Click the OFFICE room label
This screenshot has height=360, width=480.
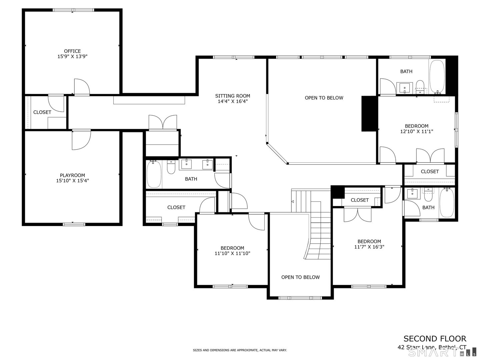(x=72, y=51)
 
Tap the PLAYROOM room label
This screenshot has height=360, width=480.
(x=72, y=175)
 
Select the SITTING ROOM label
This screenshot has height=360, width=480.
(x=232, y=96)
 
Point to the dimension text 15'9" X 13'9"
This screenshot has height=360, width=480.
(x=72, y=57)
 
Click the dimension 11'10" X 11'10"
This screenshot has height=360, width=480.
(x=232, y=253)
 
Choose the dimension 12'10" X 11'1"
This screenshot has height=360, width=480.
(x=416, y=131)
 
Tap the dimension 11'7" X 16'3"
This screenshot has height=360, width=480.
(x=369, y=247)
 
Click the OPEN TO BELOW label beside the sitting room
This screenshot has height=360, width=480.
(x=324, y=98)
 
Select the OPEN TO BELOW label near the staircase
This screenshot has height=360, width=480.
(x=300, y=277)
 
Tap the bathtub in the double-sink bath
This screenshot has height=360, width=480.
(x=154, y=174)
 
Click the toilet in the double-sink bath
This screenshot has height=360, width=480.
(x=171, y=168)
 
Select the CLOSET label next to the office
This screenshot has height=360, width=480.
(x=42, y=112)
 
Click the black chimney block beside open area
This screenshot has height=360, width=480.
(x=369, y=114)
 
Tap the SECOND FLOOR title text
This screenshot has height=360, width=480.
(x=435, y=339)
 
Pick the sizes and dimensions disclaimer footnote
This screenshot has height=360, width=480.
(x=240, y=350)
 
